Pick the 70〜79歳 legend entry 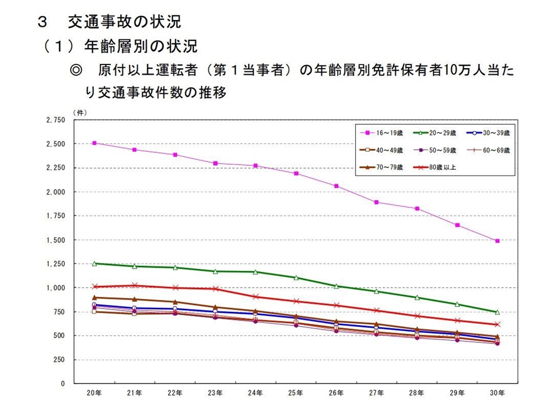380,168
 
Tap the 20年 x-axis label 94,393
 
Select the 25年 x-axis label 296,393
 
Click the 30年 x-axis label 497,393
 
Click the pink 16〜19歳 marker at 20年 94,143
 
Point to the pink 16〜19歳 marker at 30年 498,241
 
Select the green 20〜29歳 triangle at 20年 94,263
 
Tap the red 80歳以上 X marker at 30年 498,324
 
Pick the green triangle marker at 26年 336,286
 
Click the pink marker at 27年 376,202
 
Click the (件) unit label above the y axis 79,112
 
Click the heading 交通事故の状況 124,22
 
